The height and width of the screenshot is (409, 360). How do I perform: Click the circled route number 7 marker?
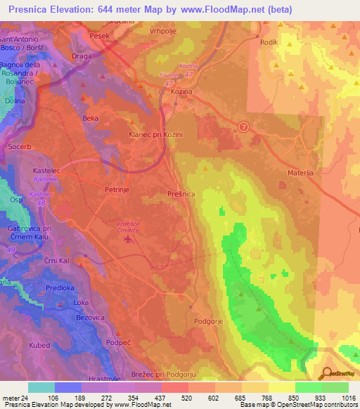243,127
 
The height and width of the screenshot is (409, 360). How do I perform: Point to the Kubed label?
40,345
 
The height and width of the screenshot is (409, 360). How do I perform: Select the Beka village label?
91,117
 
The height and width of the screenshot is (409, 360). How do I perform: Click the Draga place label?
82,53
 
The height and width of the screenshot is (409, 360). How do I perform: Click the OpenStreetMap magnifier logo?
326,375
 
